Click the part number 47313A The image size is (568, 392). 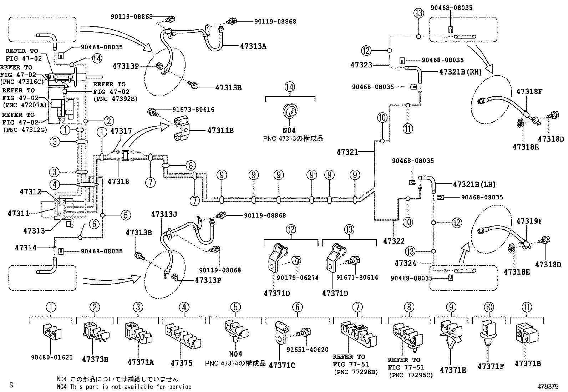[253, 46]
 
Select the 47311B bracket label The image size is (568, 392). [220, 130]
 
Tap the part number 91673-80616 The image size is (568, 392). [193, 110]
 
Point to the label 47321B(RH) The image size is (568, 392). [460, 72]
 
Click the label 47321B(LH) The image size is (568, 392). [474, 184]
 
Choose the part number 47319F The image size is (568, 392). [529, 221]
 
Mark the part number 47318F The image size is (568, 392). [529, 92]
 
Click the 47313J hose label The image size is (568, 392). [164, 214]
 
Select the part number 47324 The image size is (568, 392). [405, 263]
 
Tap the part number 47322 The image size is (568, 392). [394, 241]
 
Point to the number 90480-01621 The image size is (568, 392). [52, 357]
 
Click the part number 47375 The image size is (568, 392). [181, 363]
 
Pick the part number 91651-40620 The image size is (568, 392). [307, 350]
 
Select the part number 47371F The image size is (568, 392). [491, 366]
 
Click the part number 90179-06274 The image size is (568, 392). [298, 278]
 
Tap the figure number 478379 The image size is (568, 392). [548, 386]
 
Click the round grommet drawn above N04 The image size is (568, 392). [290, 111]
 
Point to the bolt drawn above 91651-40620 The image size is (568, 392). [303, 332]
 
